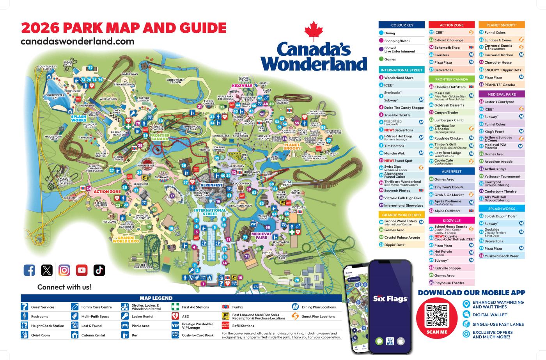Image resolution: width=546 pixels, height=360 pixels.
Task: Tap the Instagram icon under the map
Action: tap(64, 270)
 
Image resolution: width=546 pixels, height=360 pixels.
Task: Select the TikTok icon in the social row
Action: tap(99, 270)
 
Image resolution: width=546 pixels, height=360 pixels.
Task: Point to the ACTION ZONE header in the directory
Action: tap(451, 25)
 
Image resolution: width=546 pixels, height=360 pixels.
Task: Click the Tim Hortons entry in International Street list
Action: tap(394, 146)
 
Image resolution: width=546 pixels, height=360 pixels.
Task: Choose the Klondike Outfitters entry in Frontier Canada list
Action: tap(450, 87)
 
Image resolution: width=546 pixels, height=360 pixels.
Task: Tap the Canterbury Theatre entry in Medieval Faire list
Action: tap(500, 191)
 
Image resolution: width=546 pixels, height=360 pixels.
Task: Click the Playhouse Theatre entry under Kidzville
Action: tap(449, 283)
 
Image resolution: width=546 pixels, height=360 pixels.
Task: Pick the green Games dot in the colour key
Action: tap(381, 59)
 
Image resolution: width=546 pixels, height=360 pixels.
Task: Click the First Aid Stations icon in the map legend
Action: tap(175, 307)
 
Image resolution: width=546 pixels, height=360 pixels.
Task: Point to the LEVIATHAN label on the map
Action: tap(298, 207)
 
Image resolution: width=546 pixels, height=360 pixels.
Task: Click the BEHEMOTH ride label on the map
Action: tap(71, 198)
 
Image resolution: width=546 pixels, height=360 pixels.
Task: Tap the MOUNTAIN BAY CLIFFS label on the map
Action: tap(47, 68)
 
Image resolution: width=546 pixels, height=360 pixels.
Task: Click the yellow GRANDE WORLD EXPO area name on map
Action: tap(126, 240)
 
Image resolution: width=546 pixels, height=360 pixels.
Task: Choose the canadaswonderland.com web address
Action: tap(77, 41)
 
